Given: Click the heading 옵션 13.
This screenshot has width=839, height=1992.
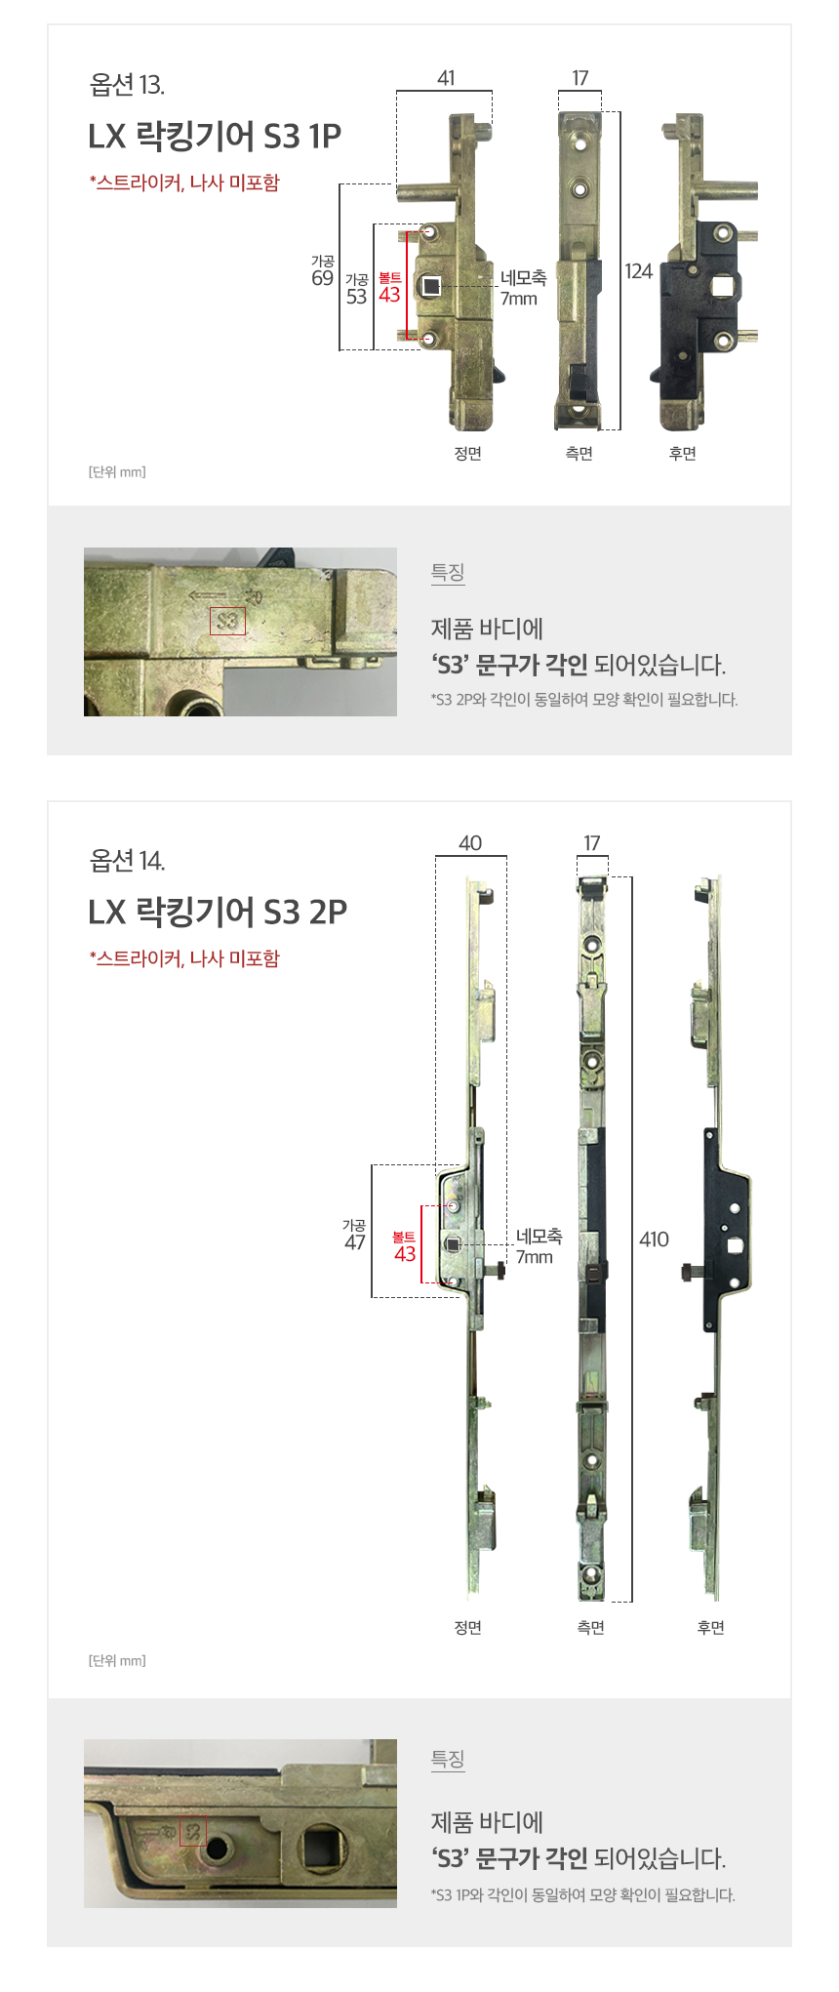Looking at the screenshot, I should (x=127, y=86).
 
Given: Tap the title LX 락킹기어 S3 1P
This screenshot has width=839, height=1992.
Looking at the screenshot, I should (x=215, y=136).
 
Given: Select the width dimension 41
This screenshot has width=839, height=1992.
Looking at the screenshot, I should (x=446, y=78).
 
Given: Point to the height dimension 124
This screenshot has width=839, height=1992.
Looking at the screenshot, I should (x=639, y=271).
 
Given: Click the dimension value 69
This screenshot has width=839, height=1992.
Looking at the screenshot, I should (x=322, y=278).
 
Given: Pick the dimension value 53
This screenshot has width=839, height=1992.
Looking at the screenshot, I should (x=356, y=297).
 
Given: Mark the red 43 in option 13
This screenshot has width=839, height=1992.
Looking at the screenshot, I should (x=390, y=295).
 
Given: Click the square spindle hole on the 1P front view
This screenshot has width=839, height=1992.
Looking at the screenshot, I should (x=431, y=286).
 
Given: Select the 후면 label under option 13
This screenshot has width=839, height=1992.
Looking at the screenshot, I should (x=682, y=454).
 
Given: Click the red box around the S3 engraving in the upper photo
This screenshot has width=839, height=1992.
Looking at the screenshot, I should (x=227, y=621).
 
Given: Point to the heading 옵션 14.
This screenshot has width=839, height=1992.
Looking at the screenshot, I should (x=127, y=861).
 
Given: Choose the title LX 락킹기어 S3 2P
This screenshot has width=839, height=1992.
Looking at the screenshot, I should (x=218, y=912).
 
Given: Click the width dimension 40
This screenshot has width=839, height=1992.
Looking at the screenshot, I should (x=470, y=843).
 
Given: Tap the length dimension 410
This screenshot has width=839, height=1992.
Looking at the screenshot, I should (x=654, y=1240).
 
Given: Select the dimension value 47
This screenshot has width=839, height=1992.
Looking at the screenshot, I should (x=355, y=1242).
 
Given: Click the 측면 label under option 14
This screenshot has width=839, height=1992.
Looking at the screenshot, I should (x=591, y=1628).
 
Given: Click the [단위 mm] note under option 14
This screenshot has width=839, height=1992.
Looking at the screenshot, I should (x=117, y=1660).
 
